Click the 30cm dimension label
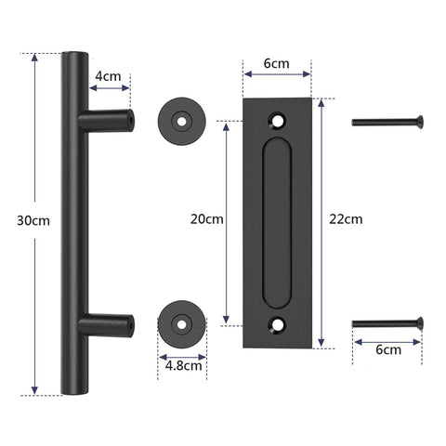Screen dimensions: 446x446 [33, 220]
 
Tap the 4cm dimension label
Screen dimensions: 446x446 [111, 76]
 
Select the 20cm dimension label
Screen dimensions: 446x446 [206, 219]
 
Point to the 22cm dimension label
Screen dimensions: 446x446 [346, 219]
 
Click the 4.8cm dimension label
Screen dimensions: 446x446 [182, 365]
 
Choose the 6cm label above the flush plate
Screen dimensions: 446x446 [276, 65]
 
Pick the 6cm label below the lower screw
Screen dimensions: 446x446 [388, 350]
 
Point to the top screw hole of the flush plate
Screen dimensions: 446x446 [277, 119]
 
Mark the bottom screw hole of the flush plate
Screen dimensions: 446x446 [277, 324]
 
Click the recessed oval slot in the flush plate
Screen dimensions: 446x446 [276, 221]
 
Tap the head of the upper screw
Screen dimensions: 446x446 [421, 120]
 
